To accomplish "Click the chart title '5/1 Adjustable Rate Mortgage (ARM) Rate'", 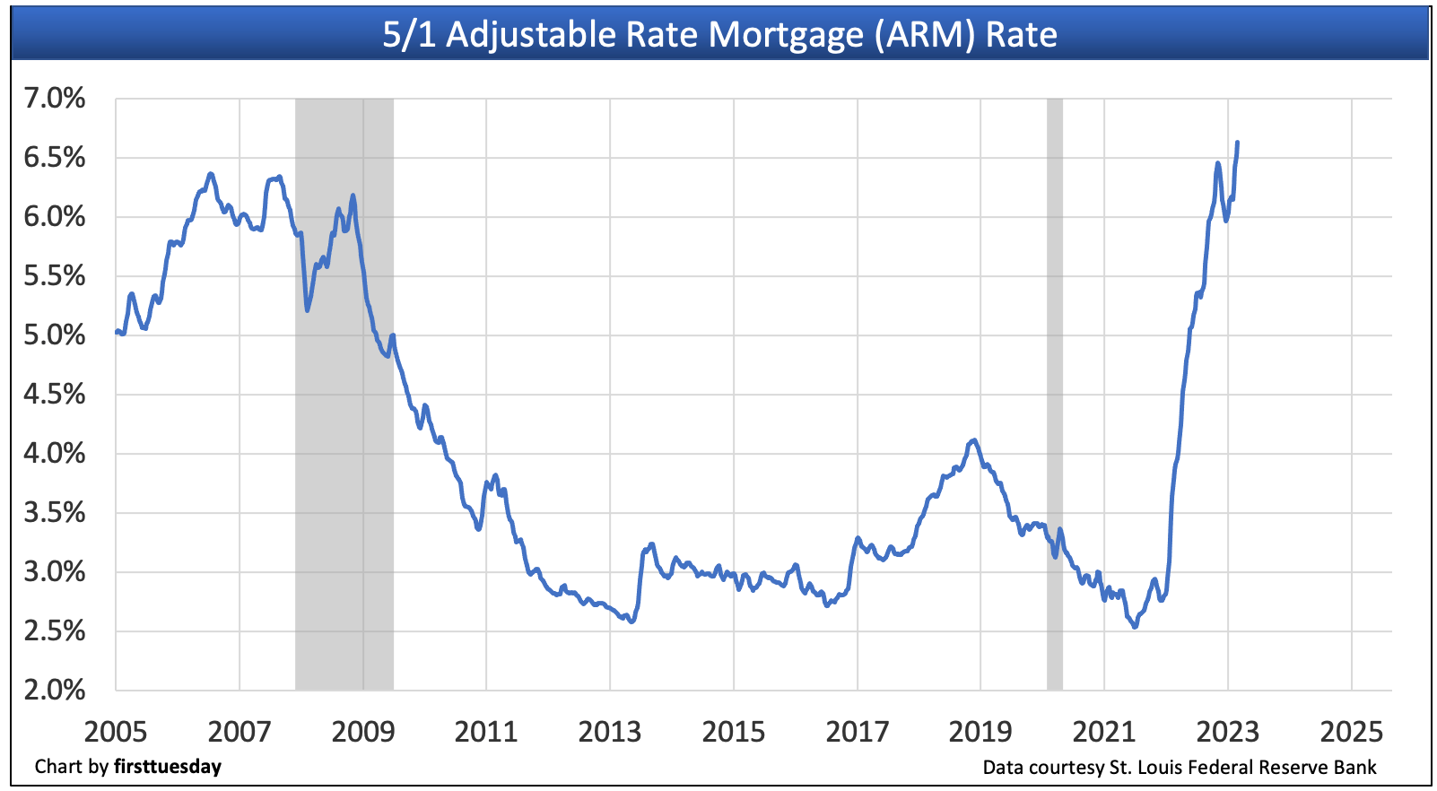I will [x=719, y=35].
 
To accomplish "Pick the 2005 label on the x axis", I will [x=116, y=732].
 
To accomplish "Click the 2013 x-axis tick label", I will [x=610, y=732].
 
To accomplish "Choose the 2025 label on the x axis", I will [x=1352, y=732].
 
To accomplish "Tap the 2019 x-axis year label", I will [x=980, y=732].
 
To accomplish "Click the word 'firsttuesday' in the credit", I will [x=168, y=767].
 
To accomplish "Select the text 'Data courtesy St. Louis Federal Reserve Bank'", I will [x=1180, y=767].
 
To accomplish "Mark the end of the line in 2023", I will [x=1238, y=143].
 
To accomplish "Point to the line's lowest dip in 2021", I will [x=1135, y=627].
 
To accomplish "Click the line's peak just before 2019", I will [x=974, y=439].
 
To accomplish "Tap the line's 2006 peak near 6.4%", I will [x=210, y=174].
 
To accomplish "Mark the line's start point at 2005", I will [x=117, y=332].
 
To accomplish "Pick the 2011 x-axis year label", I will [x=486, y=732].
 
